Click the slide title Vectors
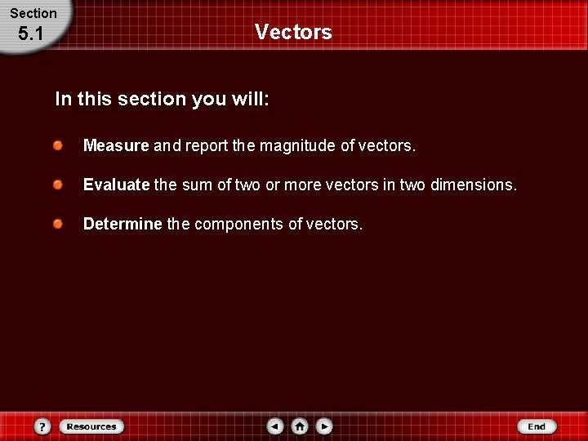(293, 32)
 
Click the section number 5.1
(30, 34)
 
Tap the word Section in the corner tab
(33, 13)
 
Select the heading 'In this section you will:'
(162, 100)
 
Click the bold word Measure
(116, 146)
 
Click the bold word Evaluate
(117, 185)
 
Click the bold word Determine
(122, 224)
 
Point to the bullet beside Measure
(58, 145)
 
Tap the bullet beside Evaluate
(58, 185)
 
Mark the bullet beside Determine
(58, 224)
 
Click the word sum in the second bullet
(197, 185)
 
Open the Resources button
(91, 426)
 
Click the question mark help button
(43, 426)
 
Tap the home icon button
(300, 426)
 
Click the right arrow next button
(324, 426)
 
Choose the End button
(537, 426)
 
